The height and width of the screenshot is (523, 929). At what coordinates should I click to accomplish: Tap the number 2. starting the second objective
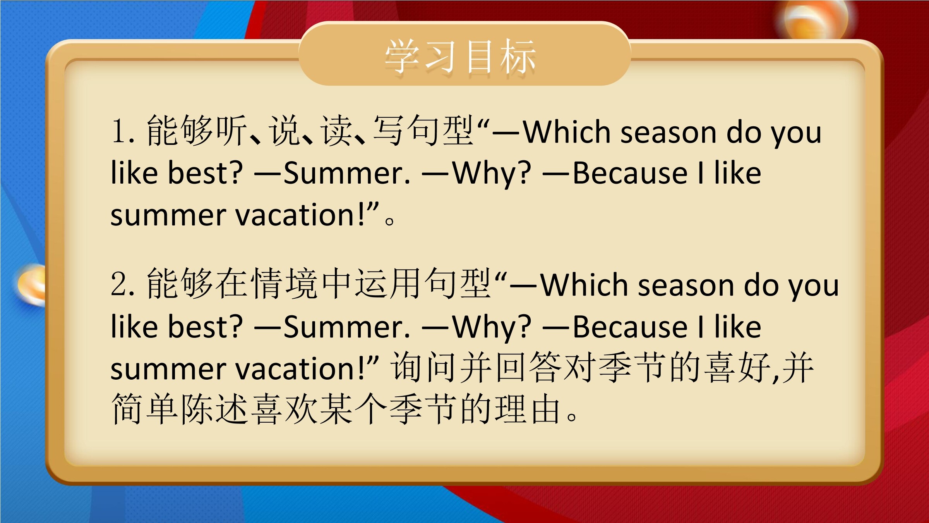[x=123, y=284]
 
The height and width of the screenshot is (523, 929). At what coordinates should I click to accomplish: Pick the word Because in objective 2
[x=630, y=327]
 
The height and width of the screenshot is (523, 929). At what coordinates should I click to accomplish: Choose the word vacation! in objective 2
[x=300, y=368]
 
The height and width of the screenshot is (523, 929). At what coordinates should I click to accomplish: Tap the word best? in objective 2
[x=205, y=326]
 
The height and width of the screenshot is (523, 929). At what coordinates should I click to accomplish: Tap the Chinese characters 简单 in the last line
[x=145, y=409]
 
